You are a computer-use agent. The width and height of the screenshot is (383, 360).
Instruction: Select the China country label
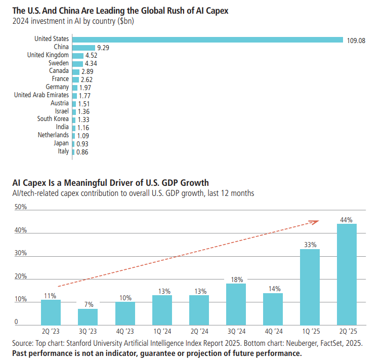[x=61, y=48]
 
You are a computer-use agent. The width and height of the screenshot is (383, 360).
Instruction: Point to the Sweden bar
[x=77, y=63]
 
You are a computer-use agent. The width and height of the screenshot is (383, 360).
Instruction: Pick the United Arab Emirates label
[x=41, y=95]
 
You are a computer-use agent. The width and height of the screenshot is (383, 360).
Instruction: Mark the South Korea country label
[x=53, y=119]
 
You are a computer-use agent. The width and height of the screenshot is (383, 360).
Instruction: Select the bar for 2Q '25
[x=347, y=274]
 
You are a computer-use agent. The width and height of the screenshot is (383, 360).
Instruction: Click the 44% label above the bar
[x=347, y=220]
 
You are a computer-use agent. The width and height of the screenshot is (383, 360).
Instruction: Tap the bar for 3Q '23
[x=88, y=316]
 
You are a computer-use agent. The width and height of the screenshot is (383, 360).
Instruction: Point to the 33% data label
[x=310, y=245]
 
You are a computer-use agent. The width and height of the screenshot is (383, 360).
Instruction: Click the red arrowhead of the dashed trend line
[x=315, y=221]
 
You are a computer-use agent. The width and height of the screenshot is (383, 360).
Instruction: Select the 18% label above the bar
[x=236, y=279]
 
